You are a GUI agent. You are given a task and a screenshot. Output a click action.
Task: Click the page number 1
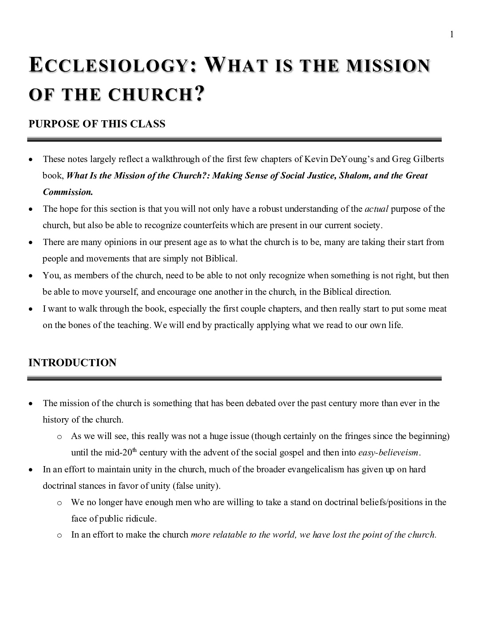[x=451, y=35]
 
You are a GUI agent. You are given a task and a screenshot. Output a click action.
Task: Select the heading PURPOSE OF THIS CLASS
[x=97, y=124]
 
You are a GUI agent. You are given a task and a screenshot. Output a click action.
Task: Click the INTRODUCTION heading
[x=72, y=363]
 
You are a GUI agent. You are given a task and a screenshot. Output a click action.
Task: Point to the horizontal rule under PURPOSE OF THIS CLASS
[x=234, y=139]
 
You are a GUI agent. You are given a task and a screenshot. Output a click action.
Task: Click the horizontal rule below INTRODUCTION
[x=234, y=379]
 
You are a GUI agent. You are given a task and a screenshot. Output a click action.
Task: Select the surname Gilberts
[x=427, y=159]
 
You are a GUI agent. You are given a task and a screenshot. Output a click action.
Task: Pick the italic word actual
[x=376, y=209]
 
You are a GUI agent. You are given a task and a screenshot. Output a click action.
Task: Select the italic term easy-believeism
[x=388, y=453]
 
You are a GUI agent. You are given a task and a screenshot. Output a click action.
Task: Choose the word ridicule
[x=141, y=518]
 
